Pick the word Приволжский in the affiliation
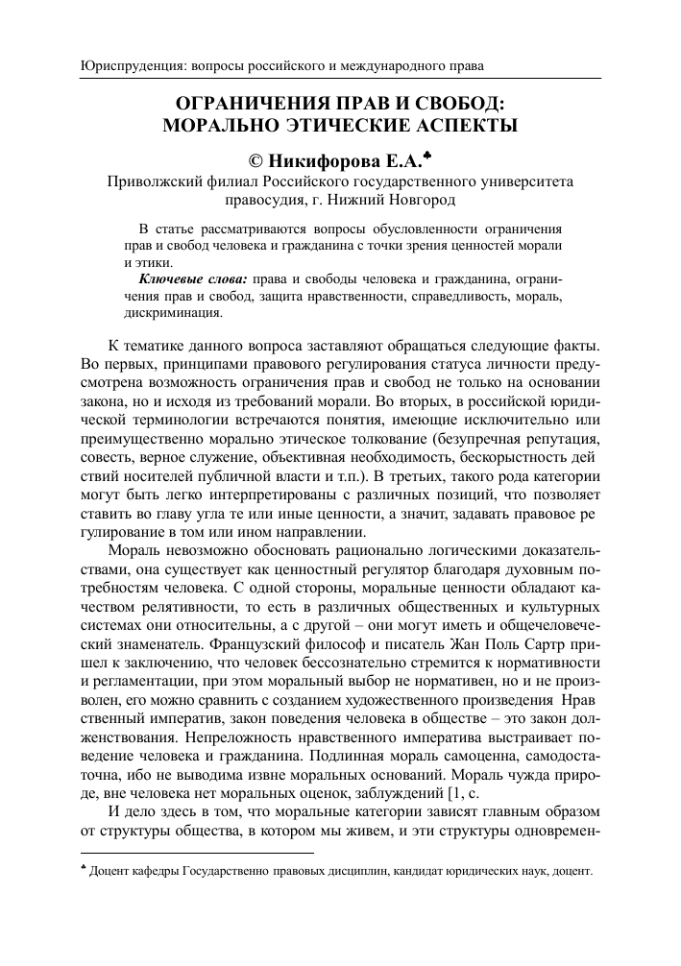[x=155, y=181]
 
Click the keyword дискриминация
[x=173, y=312]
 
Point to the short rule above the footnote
[x=196, y=852]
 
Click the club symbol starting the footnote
[x=82, y=872]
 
